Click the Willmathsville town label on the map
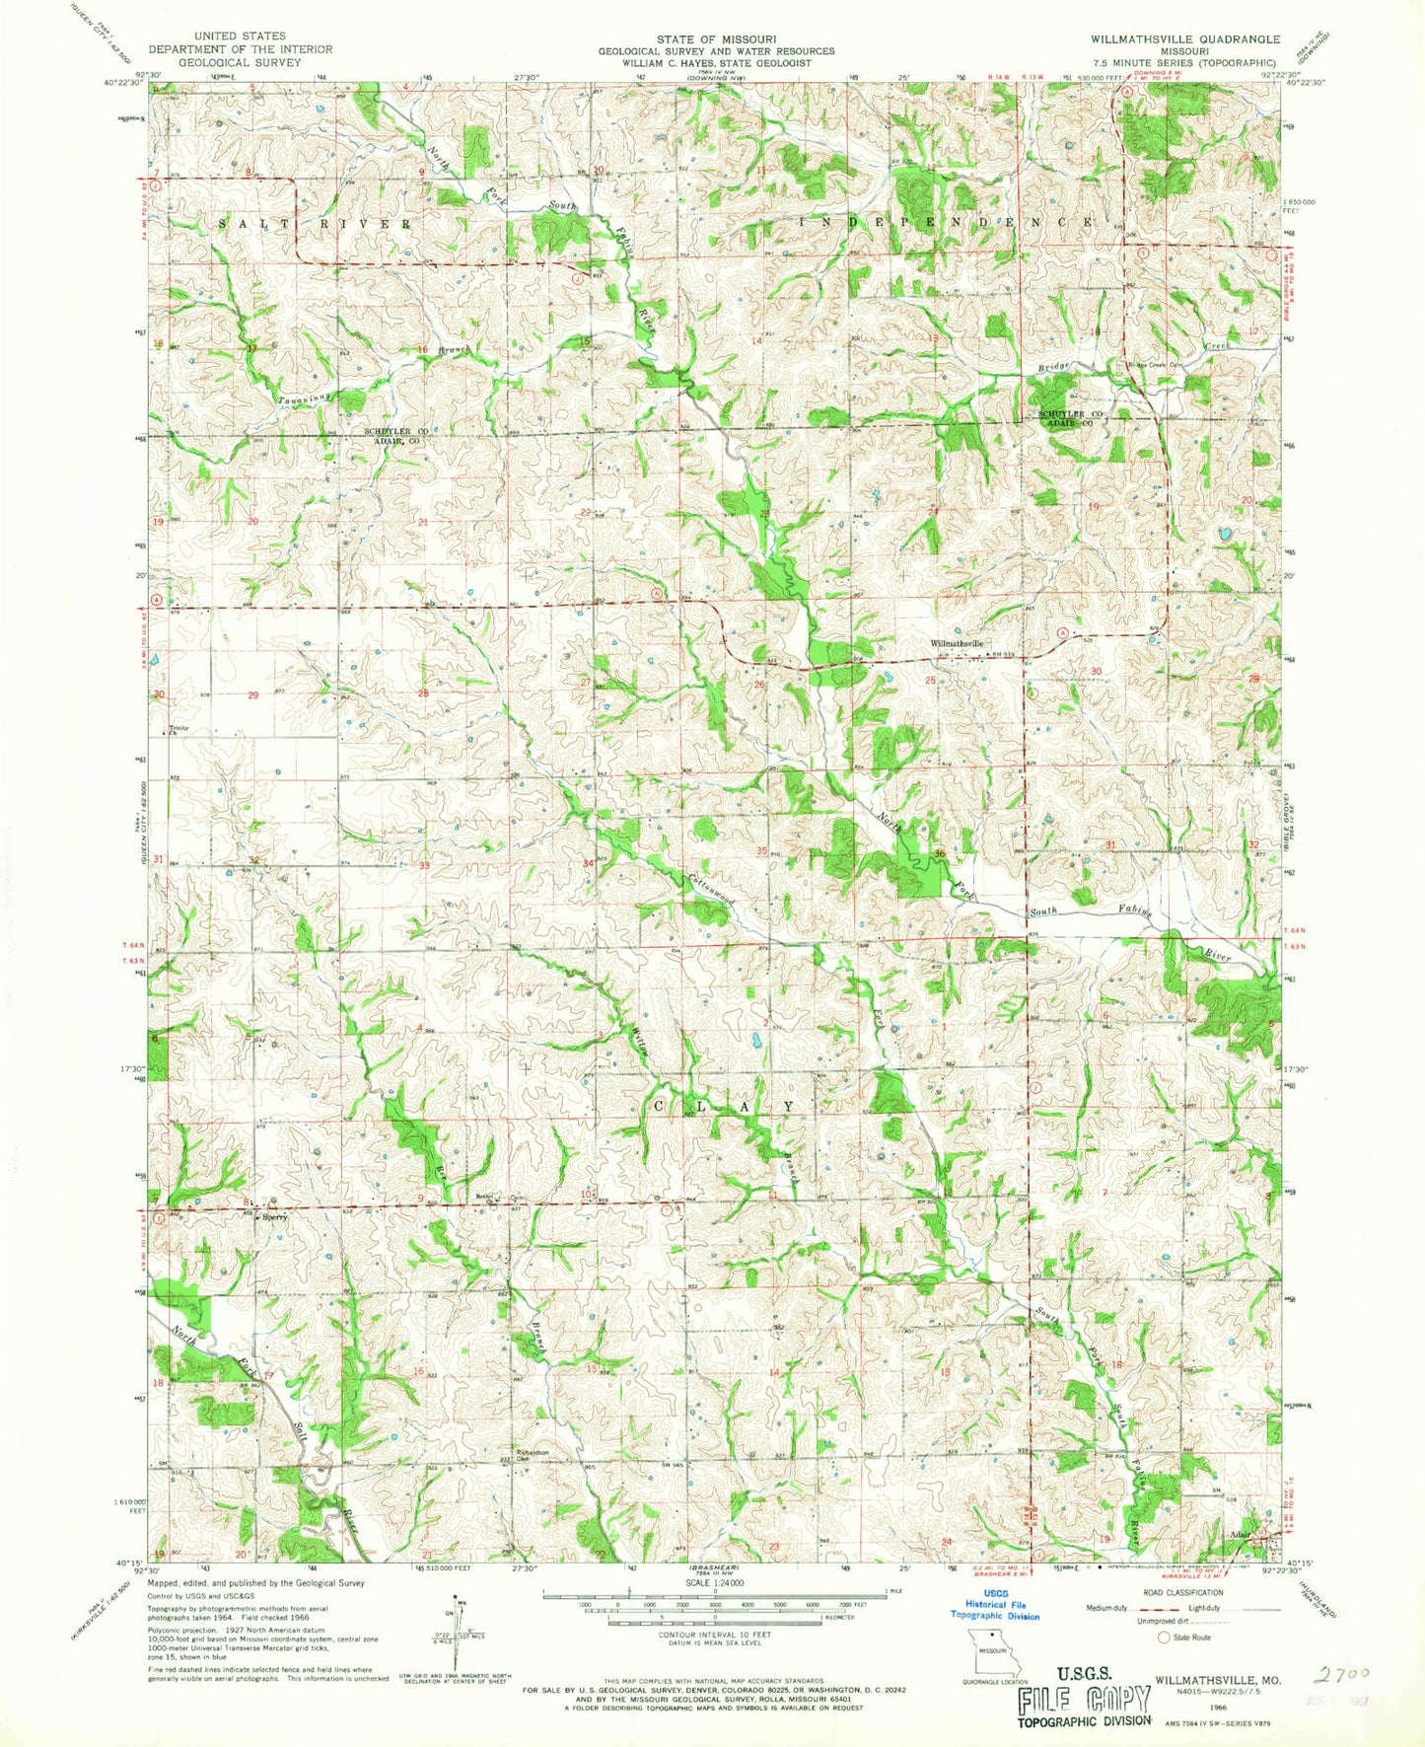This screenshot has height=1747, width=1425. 957,643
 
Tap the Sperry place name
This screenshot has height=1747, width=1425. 274,1217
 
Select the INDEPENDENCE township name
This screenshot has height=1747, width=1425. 945,222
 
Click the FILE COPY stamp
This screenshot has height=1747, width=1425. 1085,1699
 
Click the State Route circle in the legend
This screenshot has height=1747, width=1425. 1163,1637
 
